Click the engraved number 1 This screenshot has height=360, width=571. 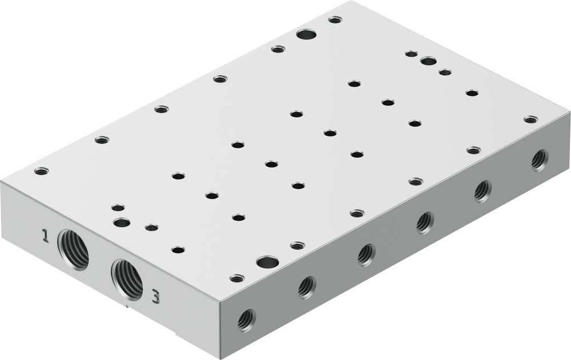[45, 235]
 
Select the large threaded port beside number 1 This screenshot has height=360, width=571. [73, 249]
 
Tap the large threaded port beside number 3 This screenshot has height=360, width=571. [127, 278]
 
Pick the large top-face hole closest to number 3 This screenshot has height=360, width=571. [267, 262]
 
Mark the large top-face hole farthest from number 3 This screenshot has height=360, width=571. [306, 34]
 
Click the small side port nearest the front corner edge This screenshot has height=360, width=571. [247, 319]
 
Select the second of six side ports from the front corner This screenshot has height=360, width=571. [307, 287]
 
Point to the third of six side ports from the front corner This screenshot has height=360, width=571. [366, 254]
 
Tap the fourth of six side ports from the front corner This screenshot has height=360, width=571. [425, 222]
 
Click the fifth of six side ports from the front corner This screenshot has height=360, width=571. [482, 191]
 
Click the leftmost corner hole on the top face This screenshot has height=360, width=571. [41, 171]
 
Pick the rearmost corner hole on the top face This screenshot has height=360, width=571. [335, 19]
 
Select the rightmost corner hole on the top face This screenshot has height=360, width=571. [530, 119]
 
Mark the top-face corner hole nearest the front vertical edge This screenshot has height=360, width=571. [237, 278]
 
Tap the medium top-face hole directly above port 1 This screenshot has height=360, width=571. [121, 222]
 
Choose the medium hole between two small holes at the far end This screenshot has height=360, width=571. [428, 61]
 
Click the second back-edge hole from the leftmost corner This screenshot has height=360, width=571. [102, 140]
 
